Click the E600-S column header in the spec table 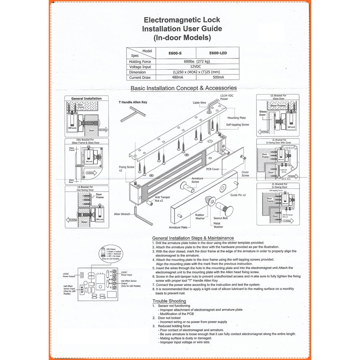coord(175,53)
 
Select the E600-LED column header coord(218,53)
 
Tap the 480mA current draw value coord(175,77)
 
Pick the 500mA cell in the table coord(218,77)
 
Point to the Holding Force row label coord(140,62)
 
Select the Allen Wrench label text coord(122,214)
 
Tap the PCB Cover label coord(213,169)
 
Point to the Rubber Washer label coord(200,217)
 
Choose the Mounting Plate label coord(237,118)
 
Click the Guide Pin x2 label coord(238,195)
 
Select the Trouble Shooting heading coord(169,301)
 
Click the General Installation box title coord(86,98)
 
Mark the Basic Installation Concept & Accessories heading coord(184,88)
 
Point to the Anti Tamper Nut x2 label coord(162,199)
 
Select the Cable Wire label coord(199,103)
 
